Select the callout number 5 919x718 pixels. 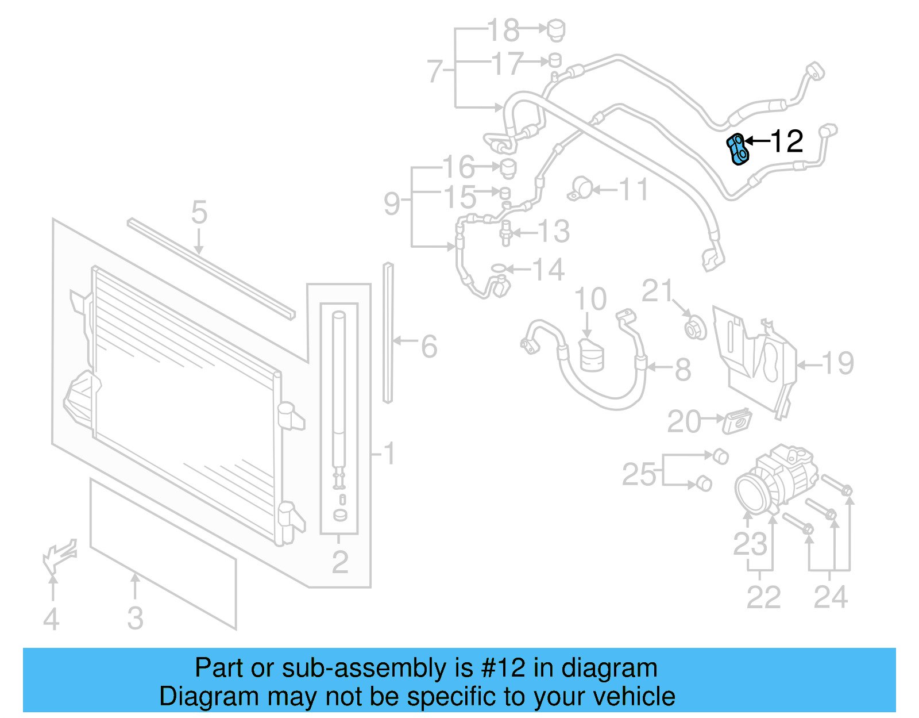[x=199, y=213]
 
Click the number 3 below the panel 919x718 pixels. [x=135, y=618]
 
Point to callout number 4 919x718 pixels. [x=51, y=619]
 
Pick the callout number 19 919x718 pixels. [x=837, y=363]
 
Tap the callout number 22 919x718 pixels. [x=763, y=597]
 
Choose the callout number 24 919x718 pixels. [x=831, y=597]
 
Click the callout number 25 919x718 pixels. [x=639, y=475]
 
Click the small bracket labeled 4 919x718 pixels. [x=59, y=555]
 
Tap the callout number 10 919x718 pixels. [x=590, y=300]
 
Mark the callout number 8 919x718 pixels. [x=682, y=370]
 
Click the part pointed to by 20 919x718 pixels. [x=737, y=421]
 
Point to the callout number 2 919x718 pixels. [x=340, y=562]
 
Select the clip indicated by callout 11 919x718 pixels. [x=581, y=189]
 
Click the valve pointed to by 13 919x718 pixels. [x=506, y=232]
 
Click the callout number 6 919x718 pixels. [x=429, y=347]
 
